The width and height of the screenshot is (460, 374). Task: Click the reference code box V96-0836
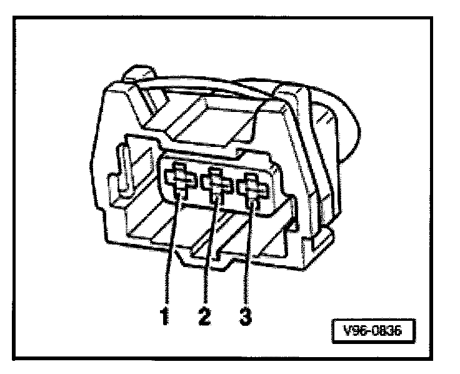(372, 329)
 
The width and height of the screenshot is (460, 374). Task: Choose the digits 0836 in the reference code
(387, 329)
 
